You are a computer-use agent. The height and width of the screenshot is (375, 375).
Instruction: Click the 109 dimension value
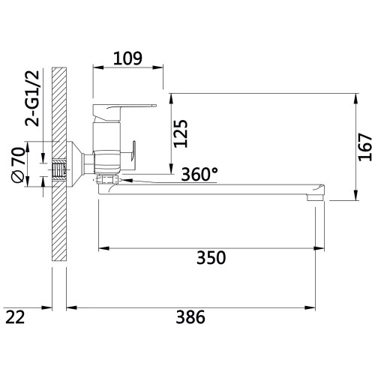tap(127, 58)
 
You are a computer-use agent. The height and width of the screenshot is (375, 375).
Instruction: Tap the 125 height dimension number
tap(181, 134)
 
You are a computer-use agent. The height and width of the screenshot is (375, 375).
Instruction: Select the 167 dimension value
tap(365, 147)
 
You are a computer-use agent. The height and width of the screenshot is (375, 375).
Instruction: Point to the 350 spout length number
tap(211, 258)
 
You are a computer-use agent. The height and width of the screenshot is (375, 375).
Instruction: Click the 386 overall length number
tap(190, 317)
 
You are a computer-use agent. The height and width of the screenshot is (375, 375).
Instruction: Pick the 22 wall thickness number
tap(15, 317)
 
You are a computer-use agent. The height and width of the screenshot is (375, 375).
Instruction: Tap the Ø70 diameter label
tap(19, 165)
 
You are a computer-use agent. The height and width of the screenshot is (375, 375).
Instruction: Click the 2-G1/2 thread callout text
tap(32, 98)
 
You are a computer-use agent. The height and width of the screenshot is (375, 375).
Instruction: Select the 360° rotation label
tap(199, 174)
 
